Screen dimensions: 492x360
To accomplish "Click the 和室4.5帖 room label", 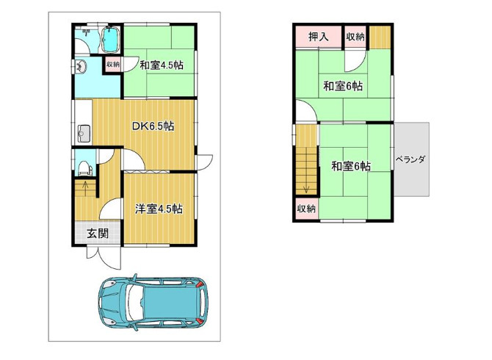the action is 162,65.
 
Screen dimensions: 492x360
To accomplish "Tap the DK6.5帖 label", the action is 153,126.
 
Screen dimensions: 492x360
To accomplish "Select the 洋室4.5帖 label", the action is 159,209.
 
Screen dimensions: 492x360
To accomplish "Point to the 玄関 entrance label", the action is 98,234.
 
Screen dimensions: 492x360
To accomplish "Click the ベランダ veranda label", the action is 410,159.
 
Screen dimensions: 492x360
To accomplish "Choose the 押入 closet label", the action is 319,37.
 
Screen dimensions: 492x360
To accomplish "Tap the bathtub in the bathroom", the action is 109,40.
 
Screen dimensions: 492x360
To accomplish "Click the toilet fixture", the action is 84,168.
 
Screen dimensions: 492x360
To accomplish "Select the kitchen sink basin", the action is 84,134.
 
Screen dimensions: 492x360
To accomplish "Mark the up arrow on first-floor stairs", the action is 85,187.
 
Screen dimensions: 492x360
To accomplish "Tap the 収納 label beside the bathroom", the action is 113,65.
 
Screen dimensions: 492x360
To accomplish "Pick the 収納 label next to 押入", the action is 355,37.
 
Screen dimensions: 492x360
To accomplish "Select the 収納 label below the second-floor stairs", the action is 306,208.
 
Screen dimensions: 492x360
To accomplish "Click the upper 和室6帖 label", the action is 343,86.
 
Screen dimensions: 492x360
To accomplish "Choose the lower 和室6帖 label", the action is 351,166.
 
